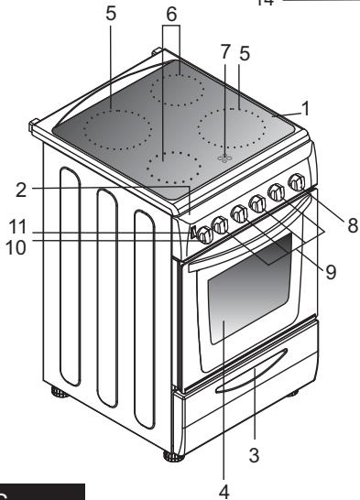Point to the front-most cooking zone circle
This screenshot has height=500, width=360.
[175, 168]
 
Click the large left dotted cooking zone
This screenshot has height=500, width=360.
[109, 124]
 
